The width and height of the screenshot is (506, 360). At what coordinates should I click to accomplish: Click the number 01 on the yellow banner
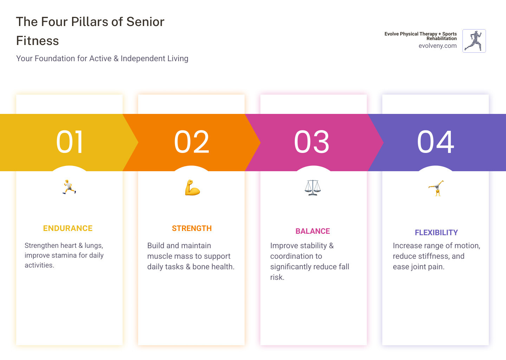[70, 142]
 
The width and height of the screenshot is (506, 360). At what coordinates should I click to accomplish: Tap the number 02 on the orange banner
[192, 142]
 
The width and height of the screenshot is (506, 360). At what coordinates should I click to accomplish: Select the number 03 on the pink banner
[312, 142]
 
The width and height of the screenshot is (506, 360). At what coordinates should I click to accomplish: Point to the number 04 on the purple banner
[435, 142]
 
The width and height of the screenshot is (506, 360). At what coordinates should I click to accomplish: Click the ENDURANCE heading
[68, 229]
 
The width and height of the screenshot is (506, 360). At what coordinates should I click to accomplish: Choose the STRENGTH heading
[192, 229]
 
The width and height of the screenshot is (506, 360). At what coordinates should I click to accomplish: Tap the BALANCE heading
[313, 231]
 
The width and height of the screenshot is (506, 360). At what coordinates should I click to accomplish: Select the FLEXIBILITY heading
[436, 233]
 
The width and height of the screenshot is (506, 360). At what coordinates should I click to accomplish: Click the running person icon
[69, 187]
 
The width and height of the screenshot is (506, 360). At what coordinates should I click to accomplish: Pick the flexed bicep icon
[192, 188]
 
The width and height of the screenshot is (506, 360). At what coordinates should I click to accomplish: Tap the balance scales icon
[313, 188]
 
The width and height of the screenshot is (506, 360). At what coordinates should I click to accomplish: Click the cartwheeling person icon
[436, 188]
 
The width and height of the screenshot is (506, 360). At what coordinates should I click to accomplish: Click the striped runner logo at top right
[474, 41]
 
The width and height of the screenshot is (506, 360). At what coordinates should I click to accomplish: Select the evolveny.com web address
[437, 46]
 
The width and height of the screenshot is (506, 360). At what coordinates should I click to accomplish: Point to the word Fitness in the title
[38, 41]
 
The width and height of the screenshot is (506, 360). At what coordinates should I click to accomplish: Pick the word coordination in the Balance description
[292, 256]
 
